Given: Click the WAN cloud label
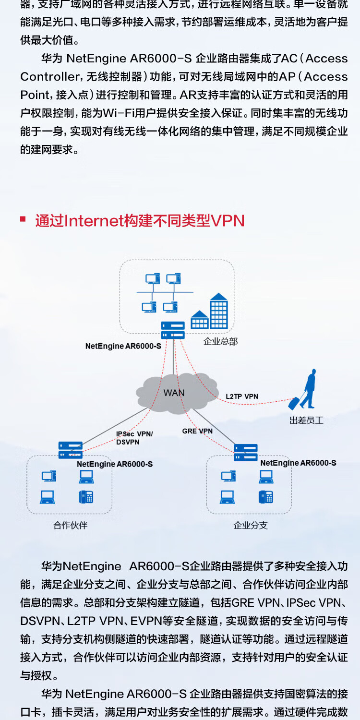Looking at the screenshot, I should coord(174,393).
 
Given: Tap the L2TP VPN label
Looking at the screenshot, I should coord(242,396).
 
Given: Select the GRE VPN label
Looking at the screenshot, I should coord(197,431).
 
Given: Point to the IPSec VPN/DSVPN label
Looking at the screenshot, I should coord(134,438).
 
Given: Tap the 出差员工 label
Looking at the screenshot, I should coord(306,420).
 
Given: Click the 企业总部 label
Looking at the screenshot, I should coord(221,342).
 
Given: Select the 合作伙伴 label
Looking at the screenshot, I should coord(71,525).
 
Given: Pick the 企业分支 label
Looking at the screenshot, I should coord(251,525).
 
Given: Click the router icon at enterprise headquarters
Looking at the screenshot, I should coord(173,330).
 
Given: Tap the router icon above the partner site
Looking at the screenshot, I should coord(71,450).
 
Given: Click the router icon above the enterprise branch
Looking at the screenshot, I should coord(246,452).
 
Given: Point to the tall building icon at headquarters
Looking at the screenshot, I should coord(218,311).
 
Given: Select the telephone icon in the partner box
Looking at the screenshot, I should coord(86,496).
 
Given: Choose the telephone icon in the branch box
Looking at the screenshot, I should coord(265,496).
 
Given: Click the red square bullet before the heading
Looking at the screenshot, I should coord(23,219).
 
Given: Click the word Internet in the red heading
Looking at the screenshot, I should coord(94,221).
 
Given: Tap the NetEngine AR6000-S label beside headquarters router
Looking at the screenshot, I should coord(123,346).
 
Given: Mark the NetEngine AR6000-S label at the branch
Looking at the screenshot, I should coord(298,463).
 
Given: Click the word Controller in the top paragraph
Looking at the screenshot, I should coord(50,77).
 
